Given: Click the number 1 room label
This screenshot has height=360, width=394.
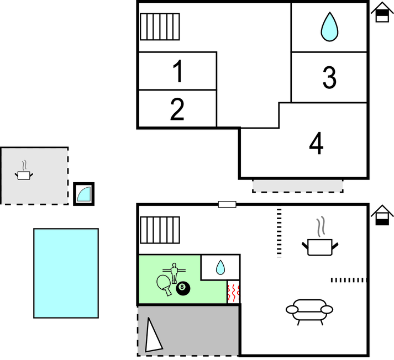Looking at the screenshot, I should (177, 72).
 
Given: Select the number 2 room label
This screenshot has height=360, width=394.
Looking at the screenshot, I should (177, 109).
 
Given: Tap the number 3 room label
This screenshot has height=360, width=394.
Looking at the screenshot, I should (329, 78).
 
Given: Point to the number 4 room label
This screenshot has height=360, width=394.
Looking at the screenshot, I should (316, 144).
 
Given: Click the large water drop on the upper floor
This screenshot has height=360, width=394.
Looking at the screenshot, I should (330, 27).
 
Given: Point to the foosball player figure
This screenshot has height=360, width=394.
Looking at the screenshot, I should (175, 272).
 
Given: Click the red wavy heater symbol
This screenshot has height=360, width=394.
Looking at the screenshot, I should (233, 292).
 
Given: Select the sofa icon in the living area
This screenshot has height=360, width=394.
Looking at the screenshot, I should (309, 310).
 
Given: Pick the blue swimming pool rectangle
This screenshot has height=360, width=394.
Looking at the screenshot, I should (66, 273).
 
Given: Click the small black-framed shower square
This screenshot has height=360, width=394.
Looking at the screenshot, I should (84, 194).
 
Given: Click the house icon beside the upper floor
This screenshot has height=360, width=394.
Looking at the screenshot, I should (381, 12).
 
